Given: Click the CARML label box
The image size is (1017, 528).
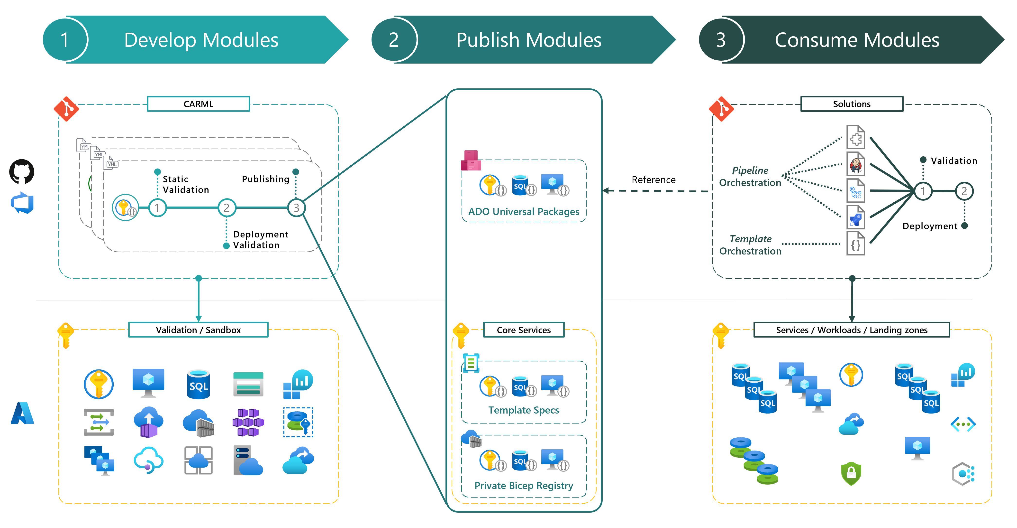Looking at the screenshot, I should (198, 104).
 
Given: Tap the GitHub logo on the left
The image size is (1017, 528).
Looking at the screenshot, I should (22, 171).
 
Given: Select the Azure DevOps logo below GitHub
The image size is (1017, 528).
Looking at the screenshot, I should (22, 203).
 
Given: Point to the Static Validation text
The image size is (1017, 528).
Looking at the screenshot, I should (186, 184).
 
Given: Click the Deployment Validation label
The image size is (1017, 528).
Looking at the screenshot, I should (260, 239).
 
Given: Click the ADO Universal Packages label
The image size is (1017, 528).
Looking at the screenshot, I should (524, 212).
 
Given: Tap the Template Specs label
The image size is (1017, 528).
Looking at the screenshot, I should (524, 410).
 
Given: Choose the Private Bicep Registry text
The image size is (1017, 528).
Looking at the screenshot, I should (524, 486).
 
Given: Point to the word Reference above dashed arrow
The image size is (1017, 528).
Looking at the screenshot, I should (654, 180).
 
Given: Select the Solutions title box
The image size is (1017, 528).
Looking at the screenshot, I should (852, 104).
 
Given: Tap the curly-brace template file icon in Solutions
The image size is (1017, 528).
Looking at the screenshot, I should (855, 244).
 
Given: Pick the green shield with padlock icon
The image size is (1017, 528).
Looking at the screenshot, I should (851, 473).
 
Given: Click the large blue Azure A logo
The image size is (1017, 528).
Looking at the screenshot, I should (22, 413).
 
